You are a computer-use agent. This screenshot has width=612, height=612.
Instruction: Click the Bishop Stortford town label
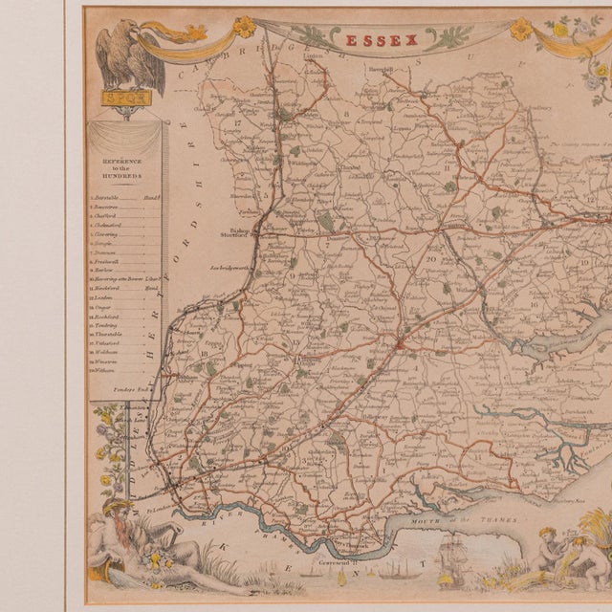coord(240,232)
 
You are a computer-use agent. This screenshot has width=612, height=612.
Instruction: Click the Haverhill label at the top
coord(384,70)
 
